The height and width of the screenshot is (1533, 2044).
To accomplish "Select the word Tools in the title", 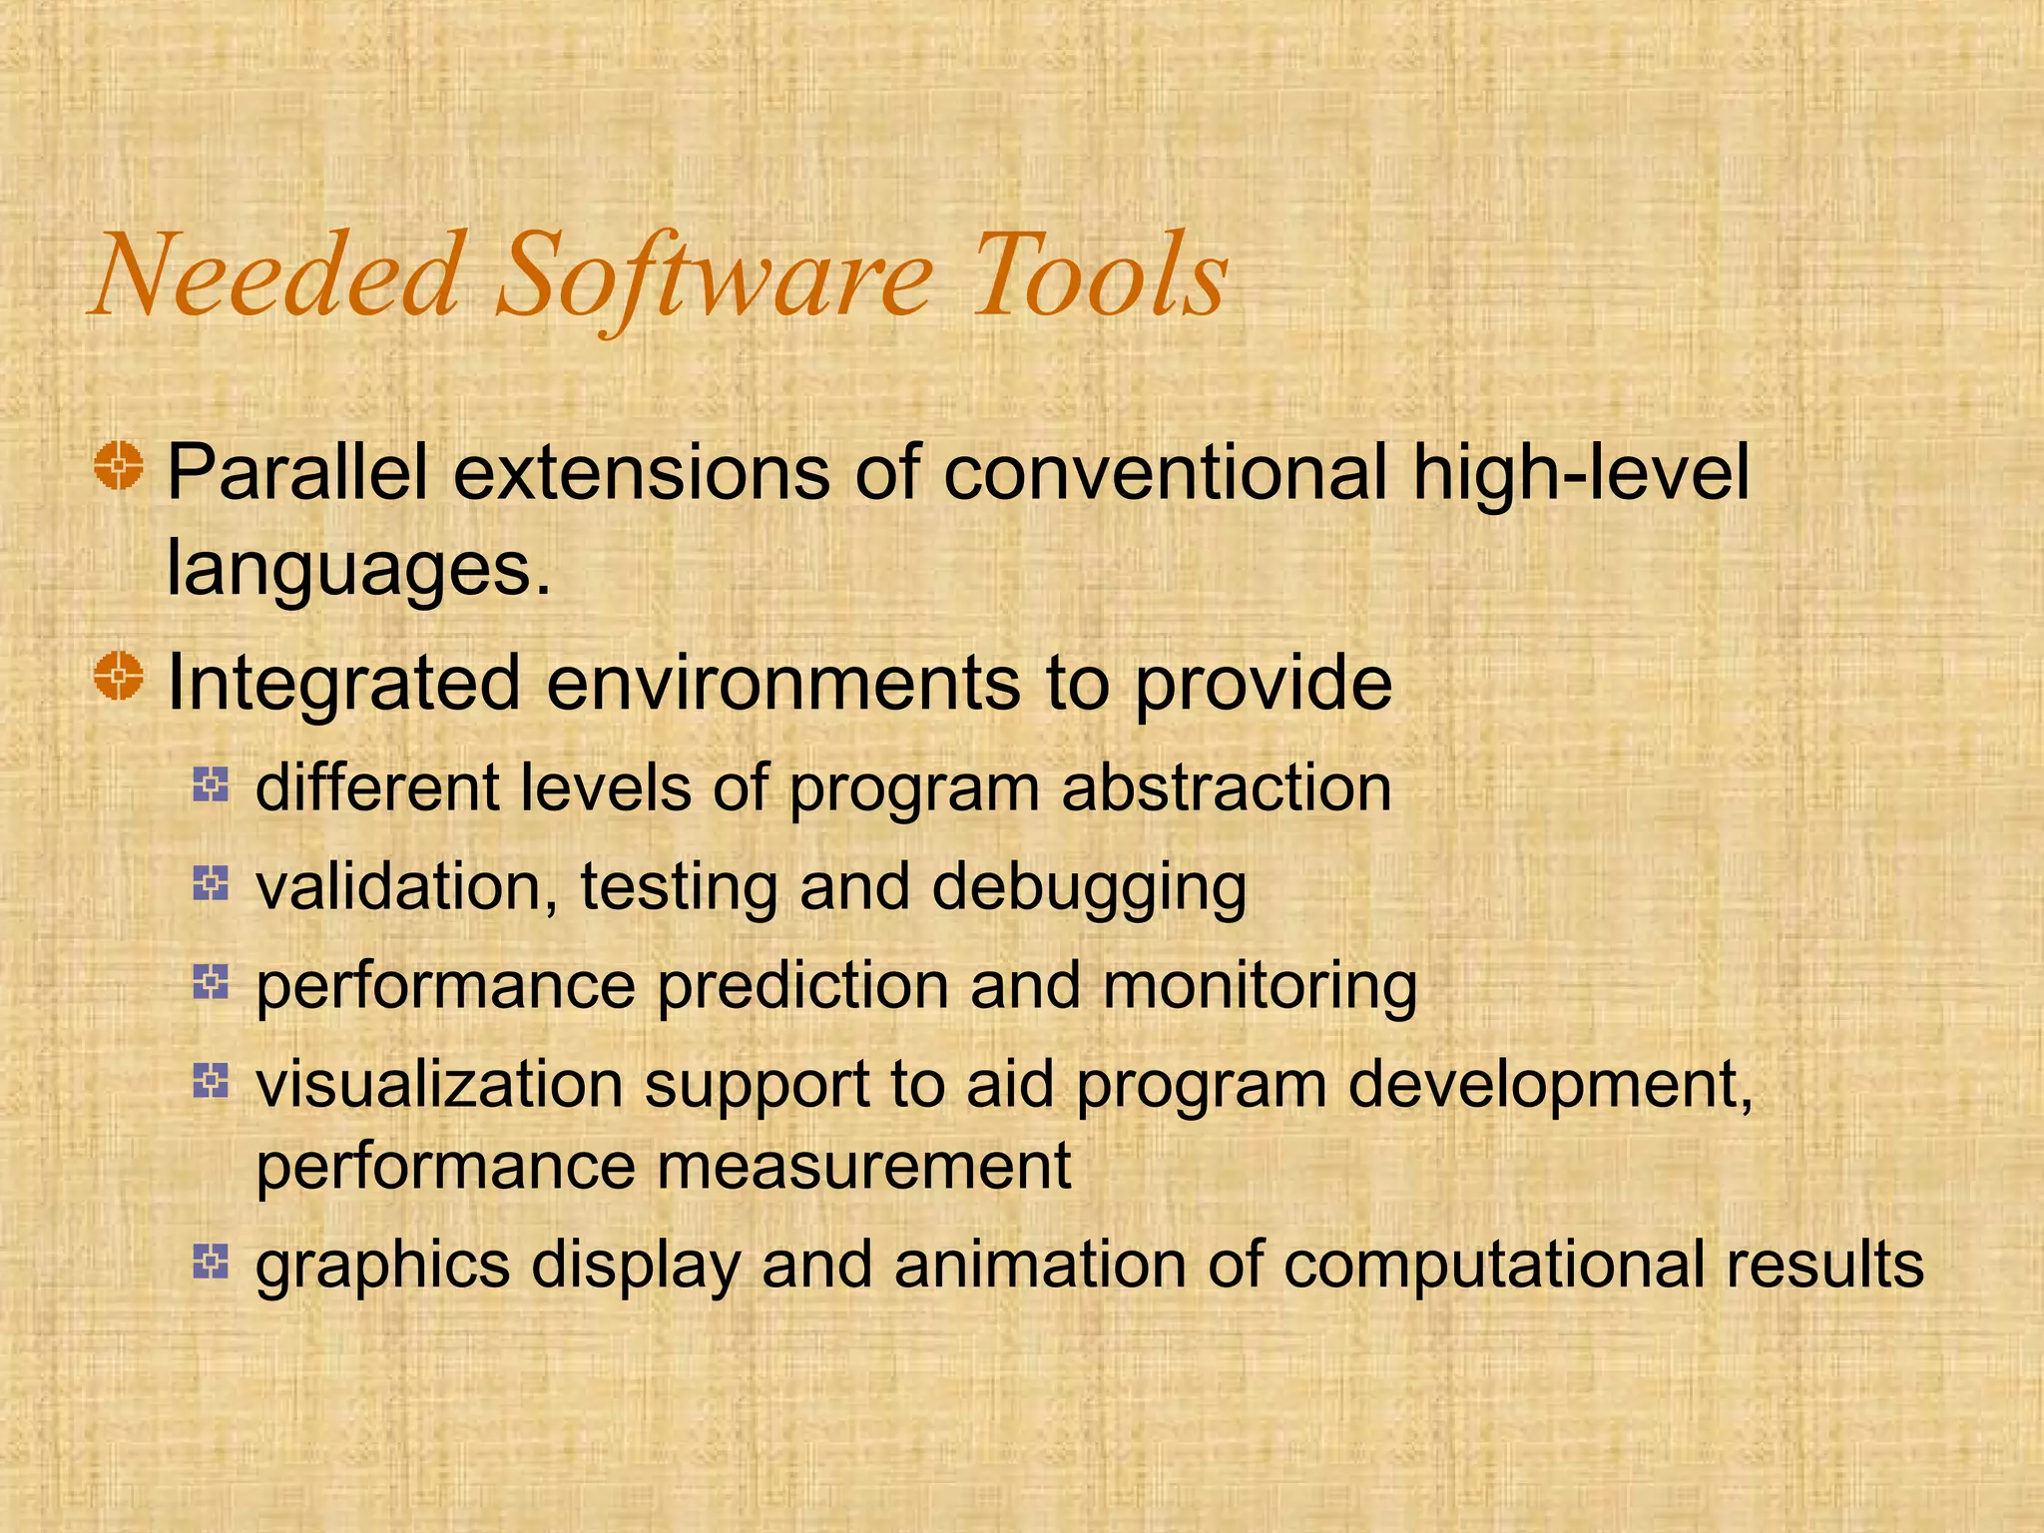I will coord(1100,276).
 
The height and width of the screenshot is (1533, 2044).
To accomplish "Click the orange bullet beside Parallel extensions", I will coord(120,466).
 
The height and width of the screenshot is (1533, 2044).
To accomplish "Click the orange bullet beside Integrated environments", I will coord(120,677).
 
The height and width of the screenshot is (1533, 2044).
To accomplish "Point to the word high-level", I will coord(1581,473).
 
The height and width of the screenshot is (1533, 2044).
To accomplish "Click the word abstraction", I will coord(1226,788).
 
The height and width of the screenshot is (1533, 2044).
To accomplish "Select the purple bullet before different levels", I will coord(211,784).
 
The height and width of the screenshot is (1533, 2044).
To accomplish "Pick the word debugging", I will coord(1089,887).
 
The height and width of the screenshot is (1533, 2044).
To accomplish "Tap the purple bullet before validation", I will coord(211,882).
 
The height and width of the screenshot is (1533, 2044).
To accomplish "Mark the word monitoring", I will coord(1260,986).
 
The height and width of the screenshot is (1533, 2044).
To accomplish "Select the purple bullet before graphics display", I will coord(211,1262).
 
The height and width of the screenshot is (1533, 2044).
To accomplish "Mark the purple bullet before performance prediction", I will coord(211,982).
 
